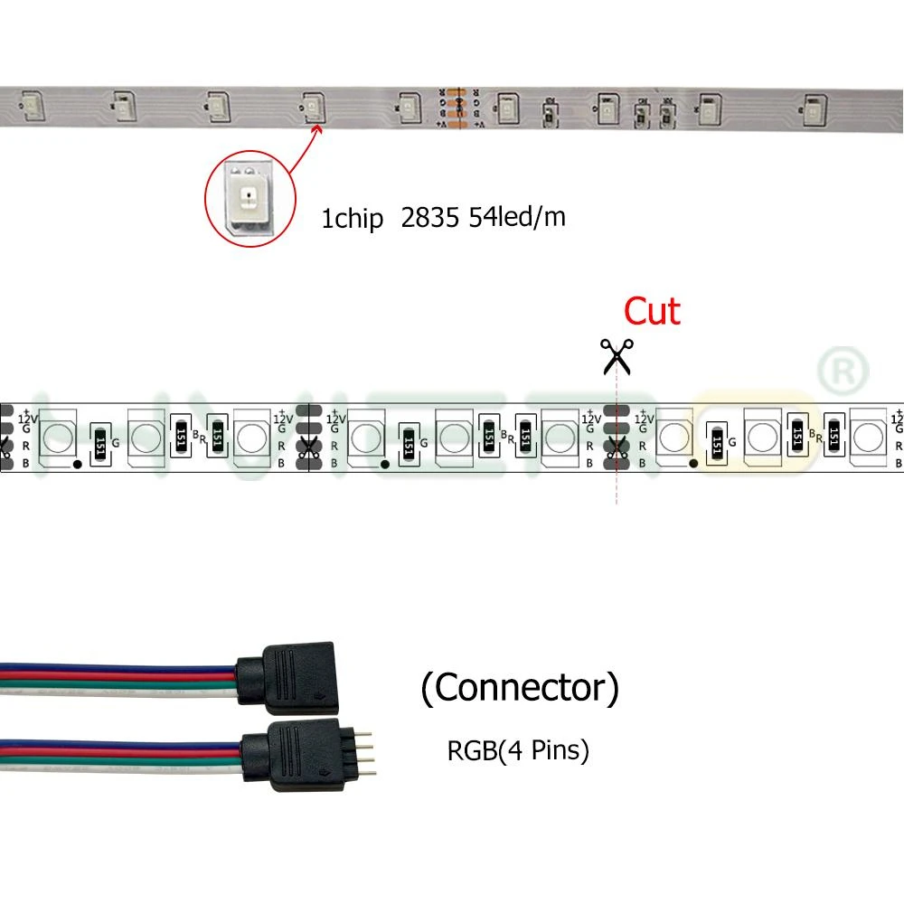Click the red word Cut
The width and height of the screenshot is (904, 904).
(x=652, y=312)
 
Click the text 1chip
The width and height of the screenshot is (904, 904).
(x=353, y=219)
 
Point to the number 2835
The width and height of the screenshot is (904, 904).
(x=430, y=218)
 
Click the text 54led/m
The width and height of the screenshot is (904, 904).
(x=517, y=218)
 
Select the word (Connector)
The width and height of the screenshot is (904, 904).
(x=520, y=688)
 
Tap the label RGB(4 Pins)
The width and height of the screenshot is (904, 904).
(x=518, y=749)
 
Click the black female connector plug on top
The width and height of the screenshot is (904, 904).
(x=286, y=678)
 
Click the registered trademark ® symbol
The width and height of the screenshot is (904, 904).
(x=843, y=370)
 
